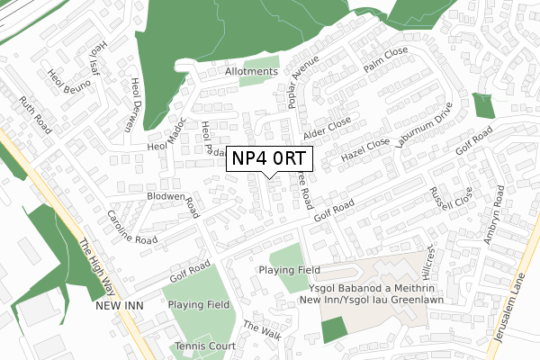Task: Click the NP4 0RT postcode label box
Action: (268, 158)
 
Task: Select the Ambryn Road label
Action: (500, 215)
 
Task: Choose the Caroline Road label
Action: (132, 229)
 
